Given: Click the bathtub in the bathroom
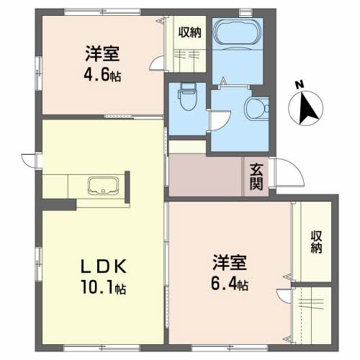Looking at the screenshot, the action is pos(238,35).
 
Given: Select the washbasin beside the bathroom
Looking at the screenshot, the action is pos(256,109).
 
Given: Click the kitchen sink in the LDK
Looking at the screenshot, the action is pos(103,186).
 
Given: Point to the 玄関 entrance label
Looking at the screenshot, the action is pos(256,176).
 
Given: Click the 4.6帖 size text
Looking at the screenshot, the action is pos(102,75).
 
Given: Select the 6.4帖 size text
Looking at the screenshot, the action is pos(230,284).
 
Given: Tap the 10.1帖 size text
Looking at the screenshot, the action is pos(104,287).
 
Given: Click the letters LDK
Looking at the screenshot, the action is pos(104,266).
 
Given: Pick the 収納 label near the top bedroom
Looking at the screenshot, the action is pos(189,32).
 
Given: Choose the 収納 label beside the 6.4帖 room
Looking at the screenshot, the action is pos(316,242).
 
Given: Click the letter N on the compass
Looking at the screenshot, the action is pos(299,85).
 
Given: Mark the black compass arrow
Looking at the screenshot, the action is pos(307,109).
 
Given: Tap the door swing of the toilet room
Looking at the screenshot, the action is pos(220,121).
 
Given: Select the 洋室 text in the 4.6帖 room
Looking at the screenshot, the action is pos(102,53).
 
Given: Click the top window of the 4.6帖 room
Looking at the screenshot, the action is pos(103,12).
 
